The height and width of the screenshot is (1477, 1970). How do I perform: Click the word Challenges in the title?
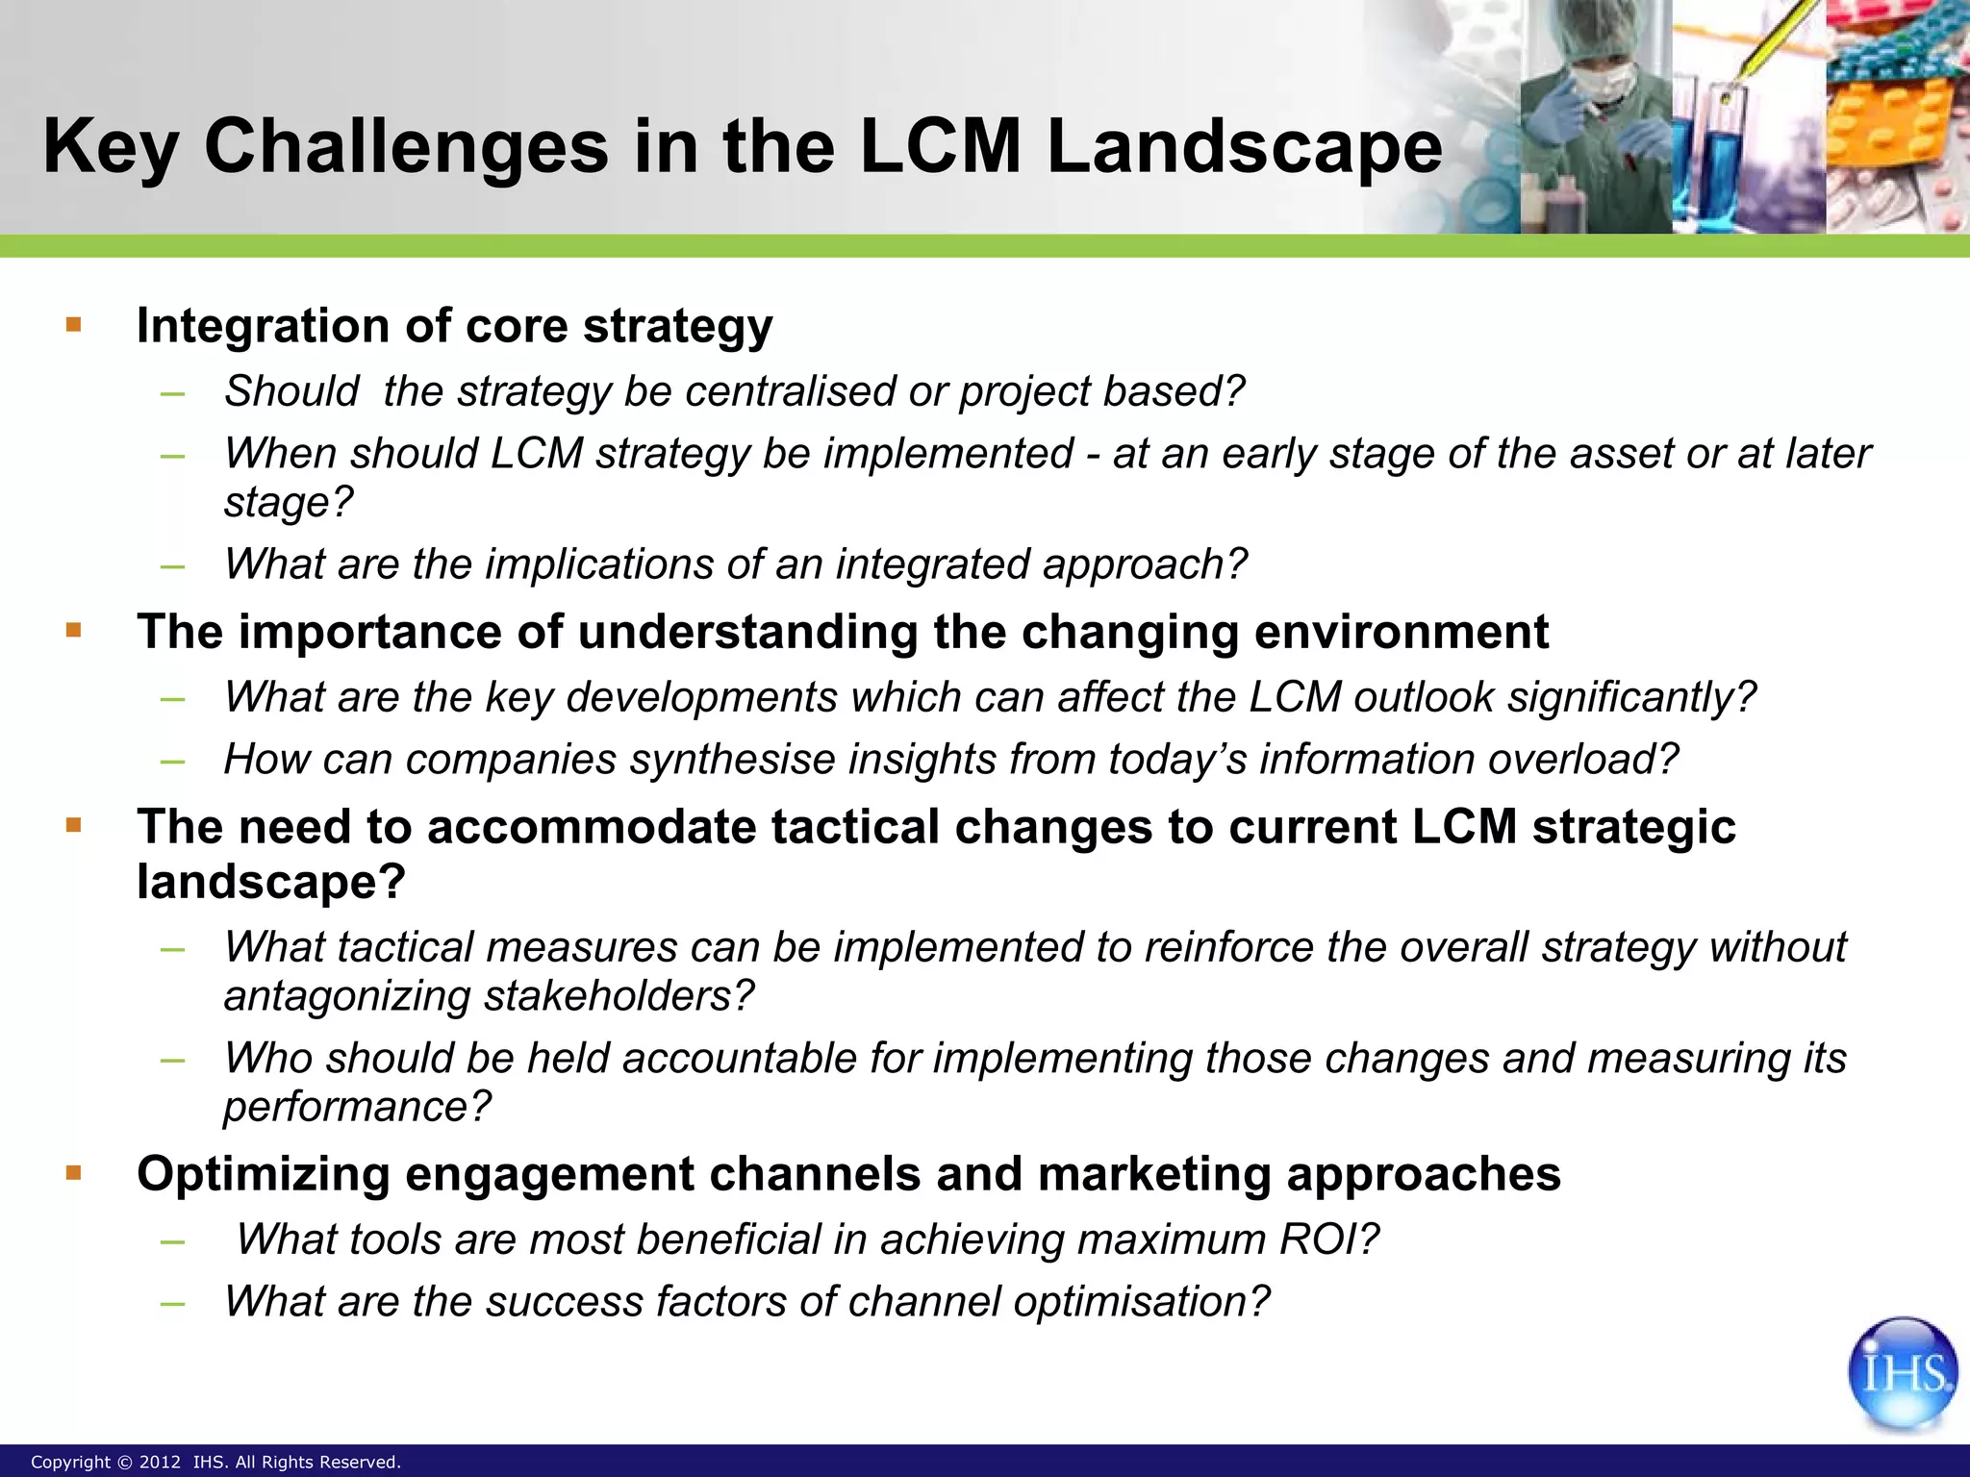(406, 146)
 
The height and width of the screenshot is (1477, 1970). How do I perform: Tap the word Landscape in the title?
(1244, 146)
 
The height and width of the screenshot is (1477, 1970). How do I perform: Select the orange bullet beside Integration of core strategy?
(74, 325)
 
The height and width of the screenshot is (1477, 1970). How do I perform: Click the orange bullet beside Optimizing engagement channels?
(74, 1173)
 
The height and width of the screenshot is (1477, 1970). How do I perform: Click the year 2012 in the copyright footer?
(160, 1463)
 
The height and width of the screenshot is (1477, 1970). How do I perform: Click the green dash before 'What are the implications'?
(173, 566)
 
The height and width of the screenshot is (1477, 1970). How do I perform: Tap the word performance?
(356, 1107)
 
